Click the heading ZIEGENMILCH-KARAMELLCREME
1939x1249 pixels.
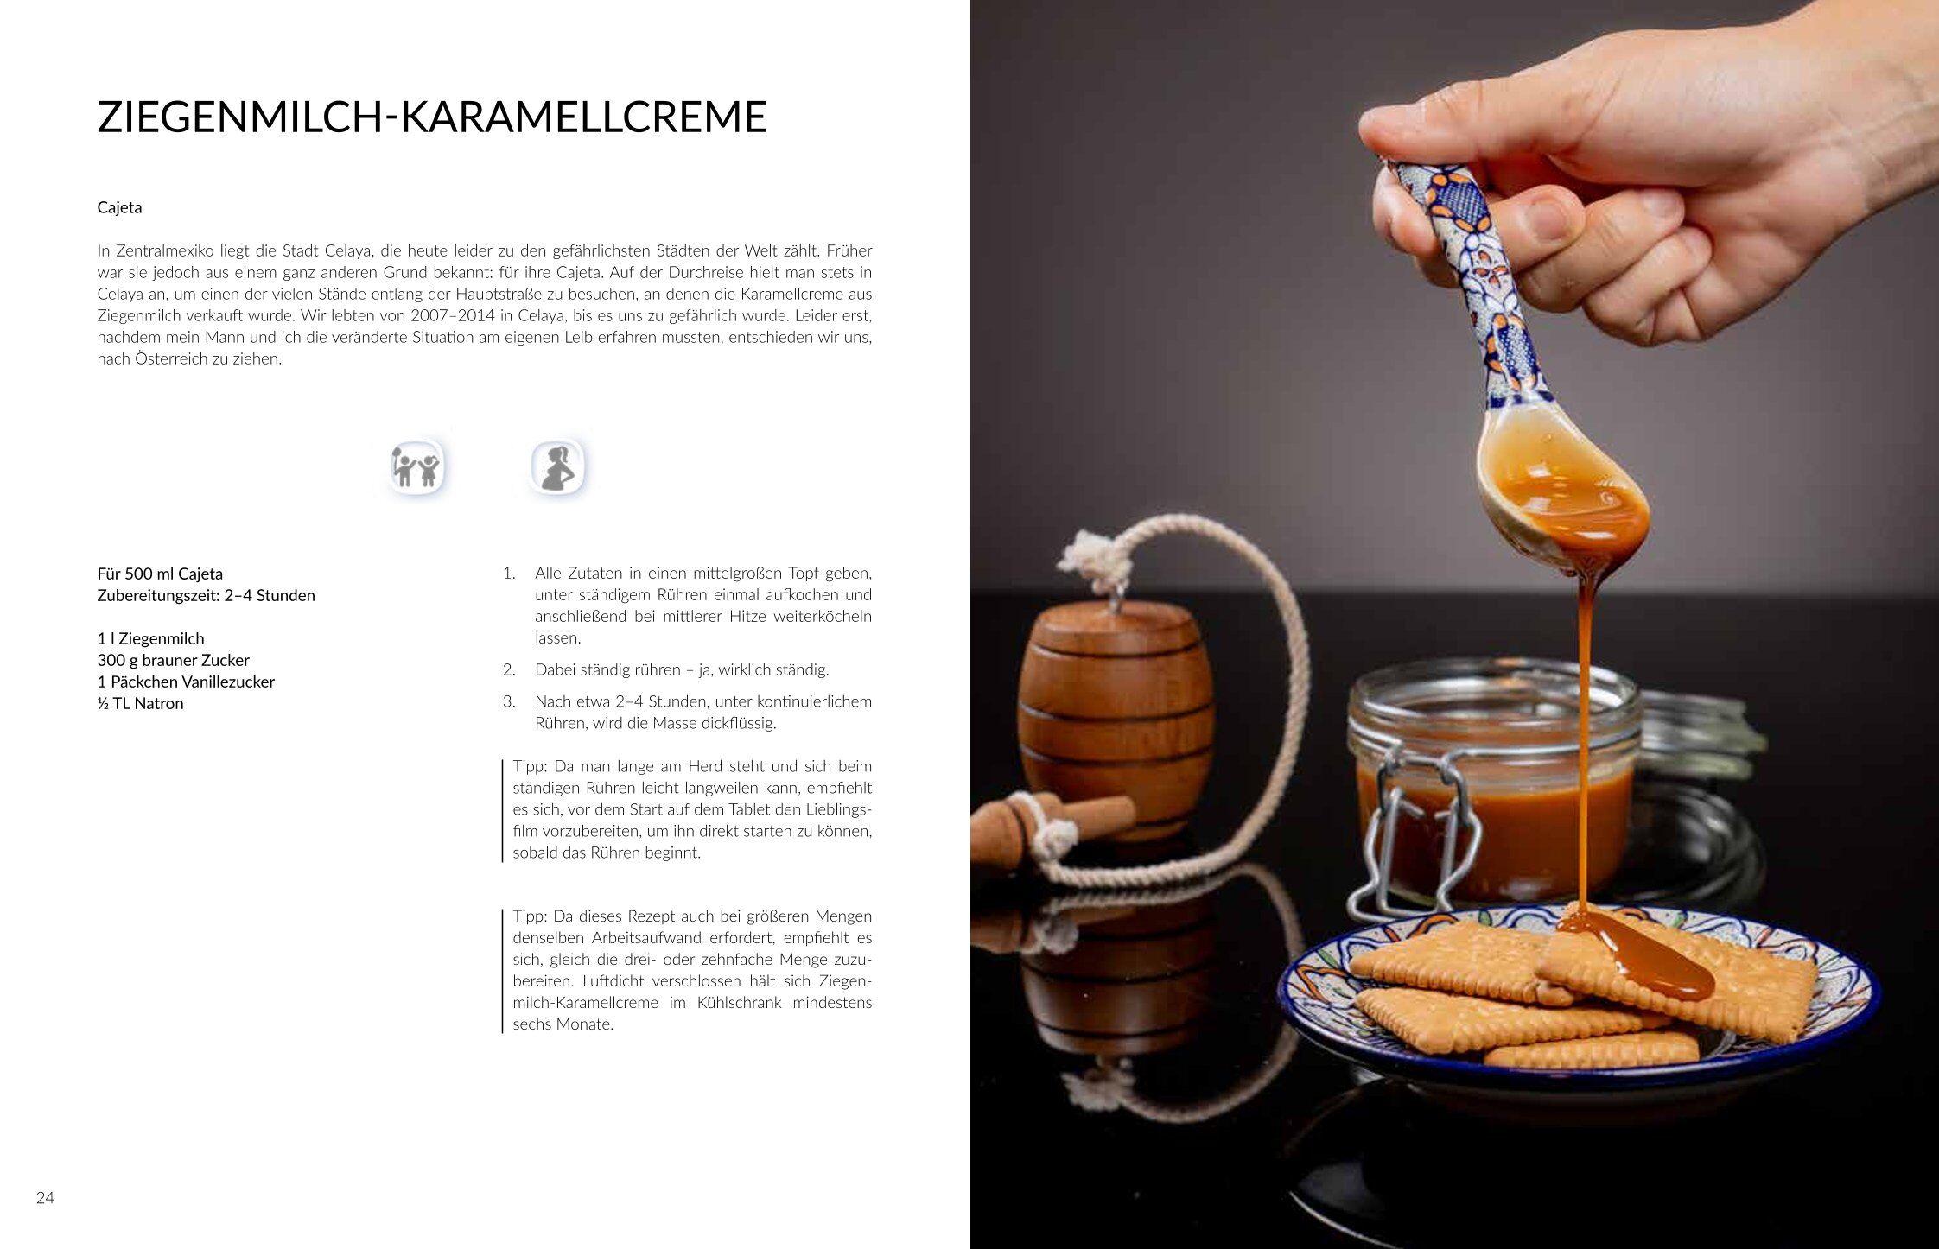432,117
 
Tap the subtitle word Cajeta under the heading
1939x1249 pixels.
119,207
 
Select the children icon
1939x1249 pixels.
416,467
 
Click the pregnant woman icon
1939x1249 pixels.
557,467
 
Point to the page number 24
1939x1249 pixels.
45,1197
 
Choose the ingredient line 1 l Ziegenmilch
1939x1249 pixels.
150,638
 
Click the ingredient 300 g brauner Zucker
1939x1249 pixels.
173,660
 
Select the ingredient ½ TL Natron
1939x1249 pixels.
140,703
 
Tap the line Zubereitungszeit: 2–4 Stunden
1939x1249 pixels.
206,595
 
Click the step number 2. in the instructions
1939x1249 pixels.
509,669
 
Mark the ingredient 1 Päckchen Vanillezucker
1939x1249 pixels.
186,682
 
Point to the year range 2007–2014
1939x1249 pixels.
452,315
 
